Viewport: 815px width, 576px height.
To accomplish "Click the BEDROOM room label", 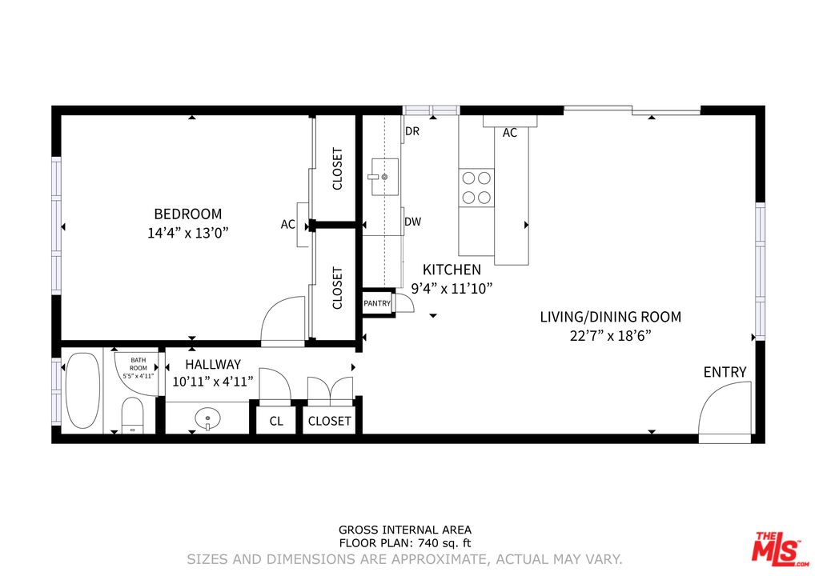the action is [x=187, y=214].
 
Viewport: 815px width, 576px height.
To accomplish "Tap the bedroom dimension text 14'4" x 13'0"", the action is [x=187, y=233].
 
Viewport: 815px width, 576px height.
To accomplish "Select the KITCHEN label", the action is [x=452, y=270].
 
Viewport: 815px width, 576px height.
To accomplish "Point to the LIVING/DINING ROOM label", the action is [x=610, y=317].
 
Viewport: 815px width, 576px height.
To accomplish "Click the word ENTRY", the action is [x=725, y=372].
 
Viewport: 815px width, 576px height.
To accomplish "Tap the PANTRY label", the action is [x=377, y=303].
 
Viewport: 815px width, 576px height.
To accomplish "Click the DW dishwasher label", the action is [x=412, y=222].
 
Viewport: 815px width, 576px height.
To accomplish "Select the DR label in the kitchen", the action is [x=412, y=131].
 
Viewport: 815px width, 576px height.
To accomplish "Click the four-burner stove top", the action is [x=476, y=187].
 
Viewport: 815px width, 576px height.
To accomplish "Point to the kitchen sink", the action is [x=385, y=177].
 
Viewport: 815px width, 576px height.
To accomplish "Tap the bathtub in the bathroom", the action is [x=83, y=390].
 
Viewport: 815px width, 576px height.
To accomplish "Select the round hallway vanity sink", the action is [x=207, y=418].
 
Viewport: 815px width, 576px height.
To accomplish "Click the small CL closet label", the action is [x=276, y=421].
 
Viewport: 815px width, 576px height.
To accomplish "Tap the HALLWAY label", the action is [x=213, y=364].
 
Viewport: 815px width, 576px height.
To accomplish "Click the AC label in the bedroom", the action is [x=288, y=224].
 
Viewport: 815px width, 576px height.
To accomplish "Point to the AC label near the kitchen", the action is [x=510, y=133].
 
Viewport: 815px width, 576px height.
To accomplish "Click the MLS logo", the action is [x=777, y=549].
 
